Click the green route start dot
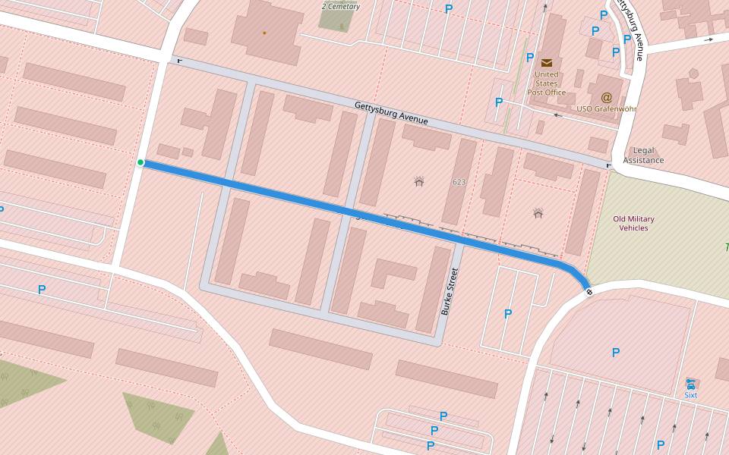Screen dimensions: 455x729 [x=140, y=162]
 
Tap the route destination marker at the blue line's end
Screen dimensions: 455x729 [x=589, y=292]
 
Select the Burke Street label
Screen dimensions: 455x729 [x=450, y=291]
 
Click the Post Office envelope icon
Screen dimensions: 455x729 [x=546, y=62]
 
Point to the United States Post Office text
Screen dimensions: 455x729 [x=546, y=83]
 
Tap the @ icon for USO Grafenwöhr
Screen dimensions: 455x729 [x=606, y=97]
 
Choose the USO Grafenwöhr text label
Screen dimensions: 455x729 [x=606, y=109]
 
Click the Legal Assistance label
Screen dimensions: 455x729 [x=643, y=155]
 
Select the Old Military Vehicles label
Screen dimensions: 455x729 [x=633, y=223]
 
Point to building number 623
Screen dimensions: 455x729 [x=459, y=182]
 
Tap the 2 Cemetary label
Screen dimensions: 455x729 [x=340, y=7]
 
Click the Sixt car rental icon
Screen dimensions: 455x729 [x=690, y=384]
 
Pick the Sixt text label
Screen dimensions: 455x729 [x=690, y=395]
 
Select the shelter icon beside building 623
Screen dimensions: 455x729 [x=418, y=181]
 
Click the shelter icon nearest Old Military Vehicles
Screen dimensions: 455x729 [x=538, y=213]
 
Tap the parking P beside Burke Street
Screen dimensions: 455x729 [x=508, y=313]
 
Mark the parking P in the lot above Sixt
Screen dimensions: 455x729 [x=615, y=353]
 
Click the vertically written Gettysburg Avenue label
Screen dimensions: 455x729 [x=630, y=30]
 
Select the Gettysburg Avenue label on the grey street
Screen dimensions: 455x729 [x=391, y=113]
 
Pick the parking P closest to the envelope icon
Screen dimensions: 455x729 [x=529, y=58]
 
